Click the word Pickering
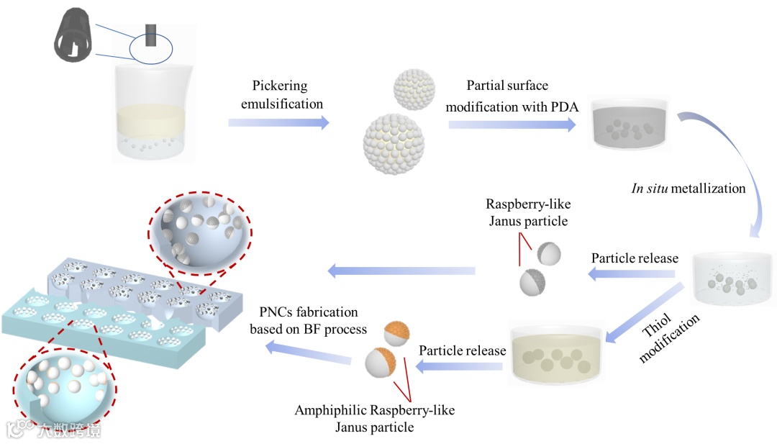click(280, 86)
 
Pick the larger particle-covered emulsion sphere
click(395, 138)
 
